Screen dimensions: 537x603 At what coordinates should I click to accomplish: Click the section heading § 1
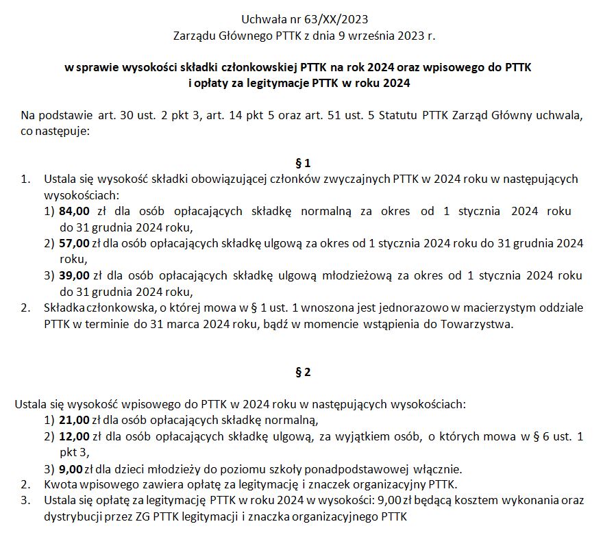coord(302,163)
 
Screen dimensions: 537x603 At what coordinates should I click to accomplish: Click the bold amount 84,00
coord(75,212)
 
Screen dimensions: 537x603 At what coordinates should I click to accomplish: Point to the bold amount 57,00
coord(75,243)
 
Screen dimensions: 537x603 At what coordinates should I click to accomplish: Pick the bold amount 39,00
coord(75,275)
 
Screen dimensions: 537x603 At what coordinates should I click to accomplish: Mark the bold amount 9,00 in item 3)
coord(71,469)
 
